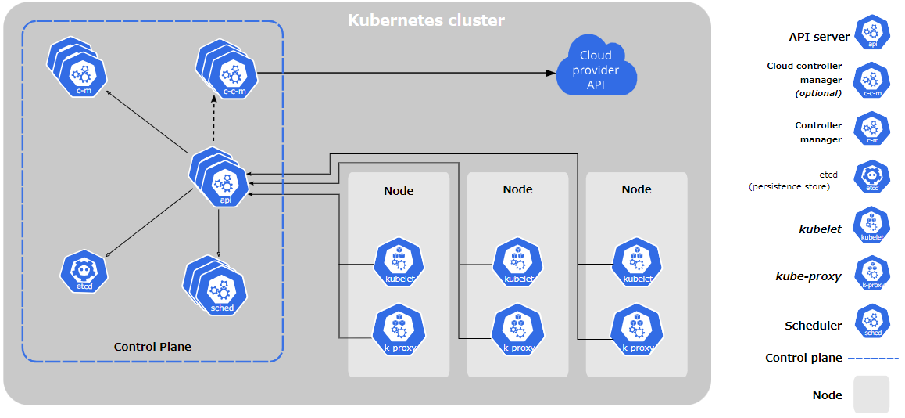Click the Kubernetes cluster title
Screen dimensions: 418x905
(x=426, y=20)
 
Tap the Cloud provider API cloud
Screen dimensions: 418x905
(x=596, y=70)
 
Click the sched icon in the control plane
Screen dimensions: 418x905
(x=221, y=292)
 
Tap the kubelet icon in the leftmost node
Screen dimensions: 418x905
(x=399, y=264)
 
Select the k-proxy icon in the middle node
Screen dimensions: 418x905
(x=517, y=331)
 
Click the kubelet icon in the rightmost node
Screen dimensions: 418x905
(x=636, y=264)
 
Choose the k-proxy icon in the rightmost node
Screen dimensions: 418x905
(x=636, y=331)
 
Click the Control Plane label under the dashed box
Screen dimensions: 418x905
(x=152, y=347)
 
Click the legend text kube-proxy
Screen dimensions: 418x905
(x=808, y=276)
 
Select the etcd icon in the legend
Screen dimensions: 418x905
(x=871, y=178)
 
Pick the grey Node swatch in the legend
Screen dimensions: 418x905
(x=871, y=394)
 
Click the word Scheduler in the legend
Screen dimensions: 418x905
(x=813, y=326)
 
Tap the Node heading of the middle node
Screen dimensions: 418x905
(x=517, y=189)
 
